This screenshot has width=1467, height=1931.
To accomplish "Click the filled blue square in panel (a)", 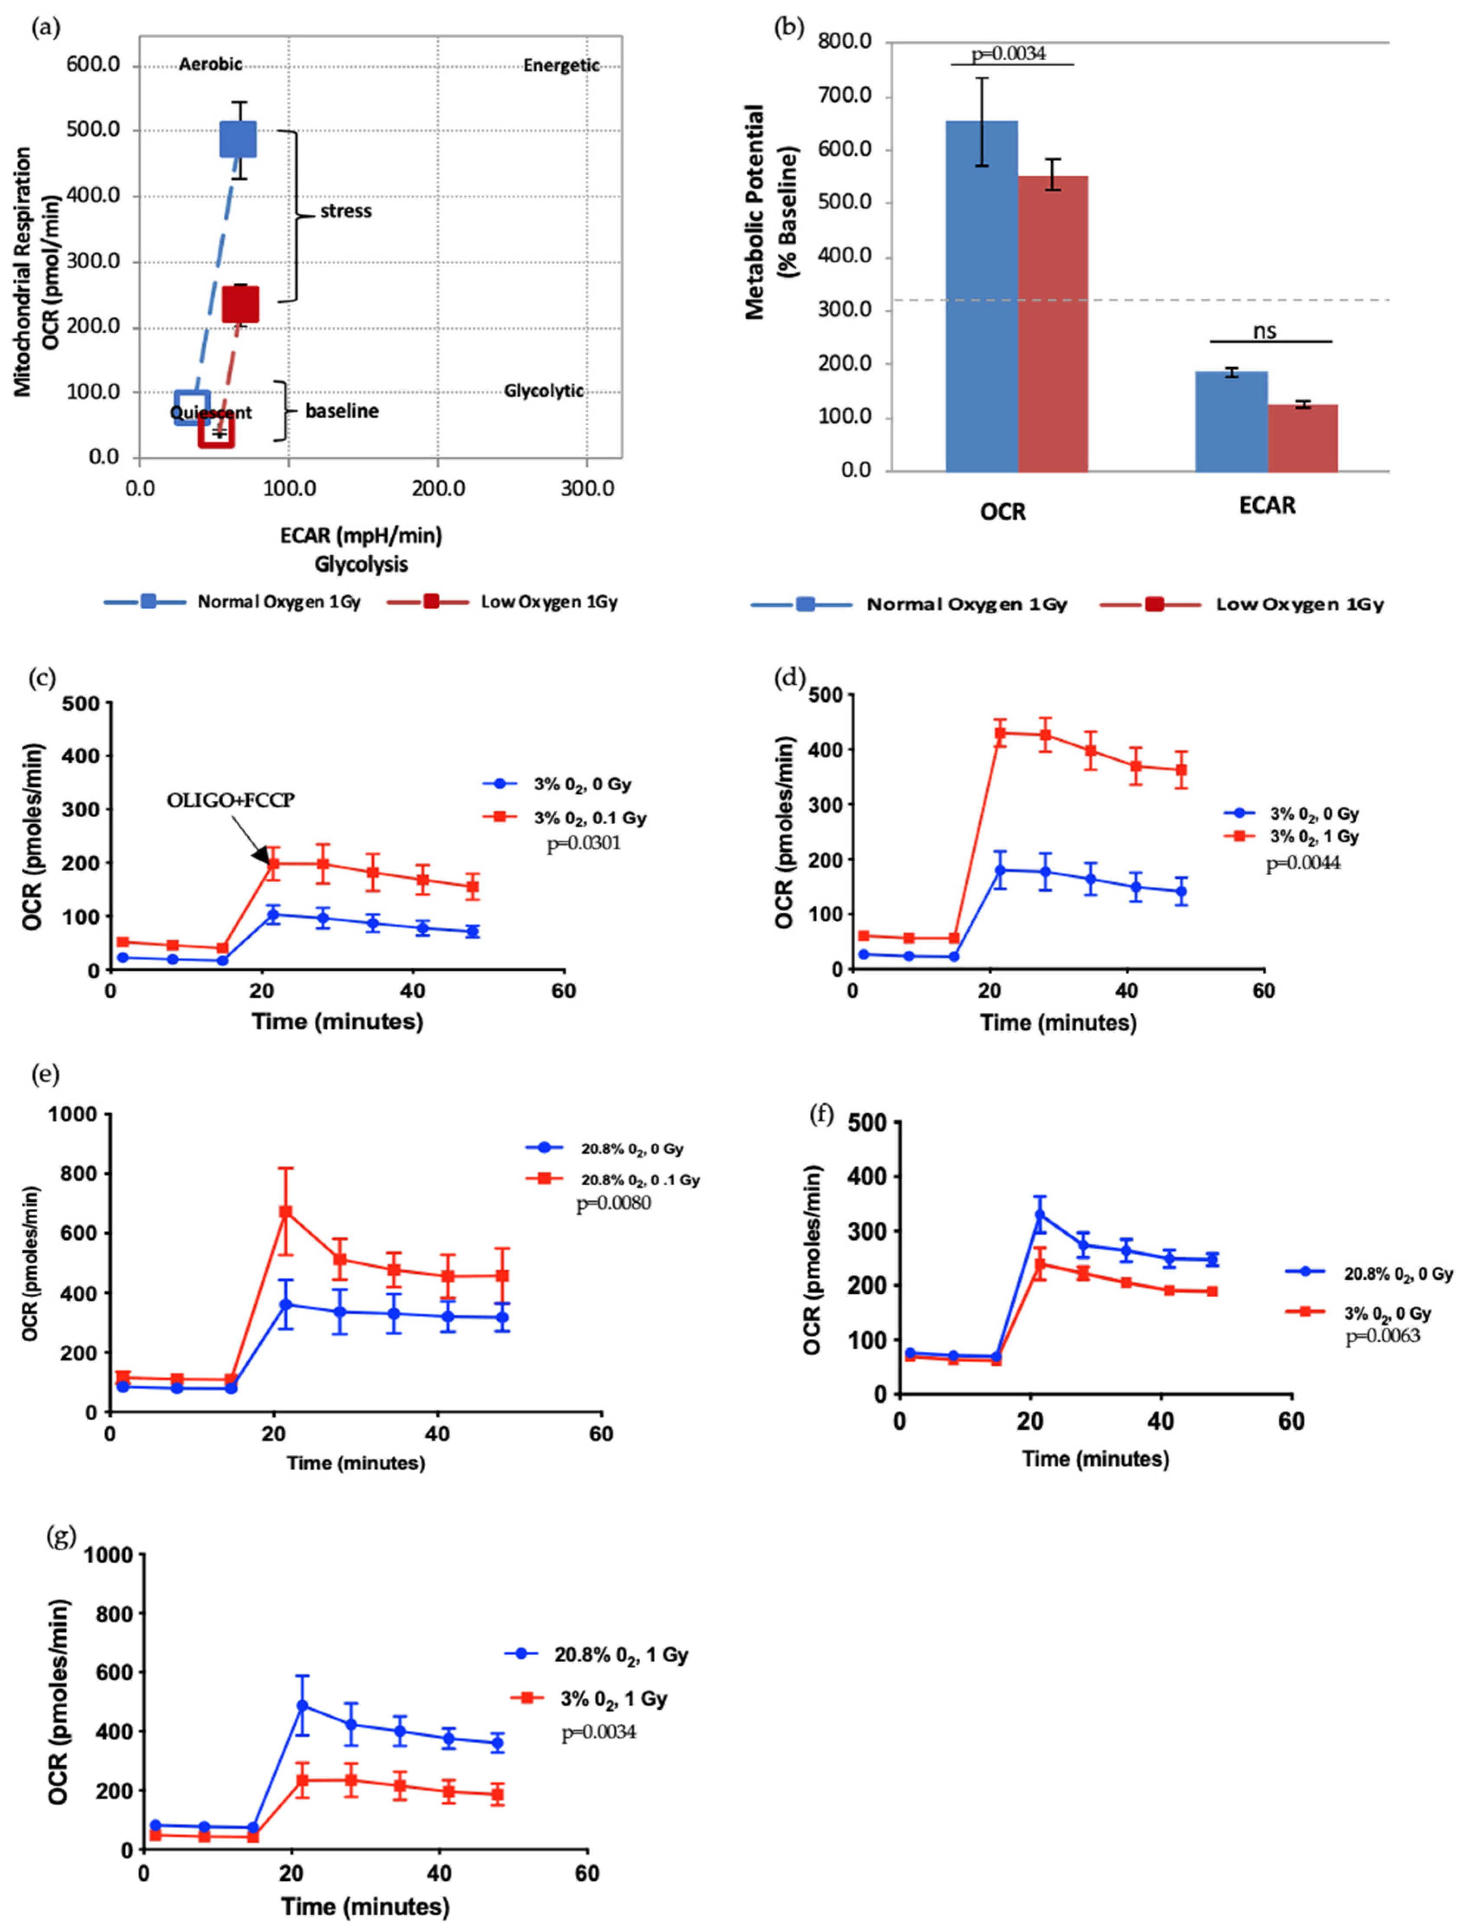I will click(238, 139).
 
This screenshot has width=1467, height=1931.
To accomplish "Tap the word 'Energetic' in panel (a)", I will click(561, 65).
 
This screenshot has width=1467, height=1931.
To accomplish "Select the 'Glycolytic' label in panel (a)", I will click(543, 390).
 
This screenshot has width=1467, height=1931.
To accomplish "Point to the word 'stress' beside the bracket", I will click(346, 212).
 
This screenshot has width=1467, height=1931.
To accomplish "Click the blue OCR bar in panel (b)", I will click(981, 297).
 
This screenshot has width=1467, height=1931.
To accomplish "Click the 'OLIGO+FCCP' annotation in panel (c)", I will click(231, 800).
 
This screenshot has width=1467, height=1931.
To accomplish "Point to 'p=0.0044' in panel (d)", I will click(1304, 864).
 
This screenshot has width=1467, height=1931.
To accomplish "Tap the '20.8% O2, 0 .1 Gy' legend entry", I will click(640, 1180).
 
